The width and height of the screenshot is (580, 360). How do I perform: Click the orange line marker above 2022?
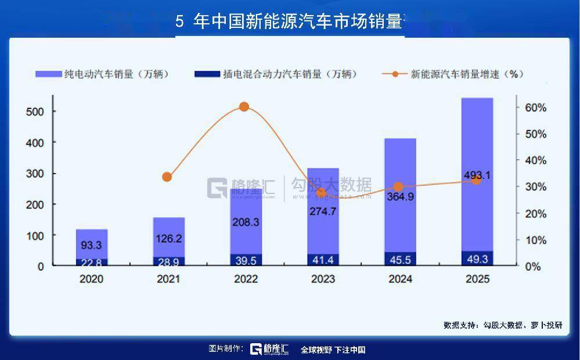244,106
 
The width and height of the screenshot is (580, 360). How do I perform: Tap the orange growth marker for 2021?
167,177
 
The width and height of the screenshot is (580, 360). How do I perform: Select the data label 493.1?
477,175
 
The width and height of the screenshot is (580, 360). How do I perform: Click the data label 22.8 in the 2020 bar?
91,262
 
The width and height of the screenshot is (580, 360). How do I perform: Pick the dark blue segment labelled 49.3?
477,258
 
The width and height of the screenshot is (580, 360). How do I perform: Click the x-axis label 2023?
323,279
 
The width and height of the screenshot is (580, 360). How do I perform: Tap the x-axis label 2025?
477,279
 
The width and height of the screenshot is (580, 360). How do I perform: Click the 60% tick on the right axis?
536,108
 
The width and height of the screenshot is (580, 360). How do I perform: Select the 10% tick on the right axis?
536,240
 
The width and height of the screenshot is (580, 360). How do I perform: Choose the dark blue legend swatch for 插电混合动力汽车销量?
205,74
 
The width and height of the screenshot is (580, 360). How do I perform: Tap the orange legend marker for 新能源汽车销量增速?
395,74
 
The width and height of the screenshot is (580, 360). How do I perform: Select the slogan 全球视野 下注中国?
333,350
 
